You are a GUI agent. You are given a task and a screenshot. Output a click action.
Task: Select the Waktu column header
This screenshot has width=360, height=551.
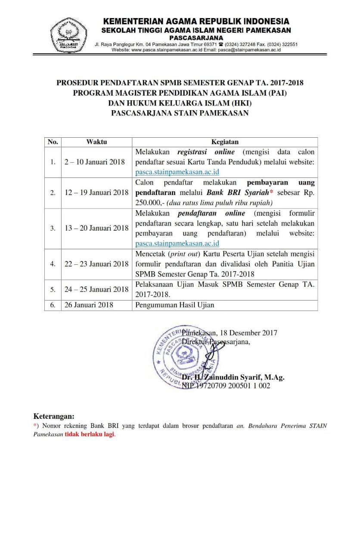click(96, 142)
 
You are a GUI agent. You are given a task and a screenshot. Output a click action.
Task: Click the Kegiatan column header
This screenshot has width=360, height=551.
click(224, 142)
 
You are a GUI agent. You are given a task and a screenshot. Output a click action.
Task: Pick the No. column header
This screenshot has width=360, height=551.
click(53, 142)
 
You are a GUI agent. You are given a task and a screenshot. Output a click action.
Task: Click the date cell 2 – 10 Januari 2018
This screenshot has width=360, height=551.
click(95, 162)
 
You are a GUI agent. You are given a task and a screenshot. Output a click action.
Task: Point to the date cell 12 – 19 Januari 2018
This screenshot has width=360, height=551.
click(96, 192)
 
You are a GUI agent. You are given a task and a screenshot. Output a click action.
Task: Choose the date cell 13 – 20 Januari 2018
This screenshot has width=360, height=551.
click(96, 228)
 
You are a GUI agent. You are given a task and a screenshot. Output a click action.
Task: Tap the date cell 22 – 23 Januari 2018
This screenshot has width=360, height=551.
click(96, 264)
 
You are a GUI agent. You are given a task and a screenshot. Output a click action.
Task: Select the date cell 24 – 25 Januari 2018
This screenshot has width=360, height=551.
click(96, 289)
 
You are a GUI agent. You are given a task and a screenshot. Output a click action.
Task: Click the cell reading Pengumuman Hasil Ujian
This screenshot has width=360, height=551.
click(174, 305)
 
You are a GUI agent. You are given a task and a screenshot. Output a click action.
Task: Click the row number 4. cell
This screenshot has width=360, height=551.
click(53, 264)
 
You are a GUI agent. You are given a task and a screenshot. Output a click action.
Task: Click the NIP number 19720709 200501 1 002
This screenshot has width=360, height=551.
click(226, 386)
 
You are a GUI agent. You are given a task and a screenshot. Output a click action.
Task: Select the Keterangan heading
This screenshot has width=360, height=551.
click(54, 416)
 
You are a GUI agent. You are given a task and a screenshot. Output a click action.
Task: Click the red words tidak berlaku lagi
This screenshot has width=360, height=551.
click(90, 434)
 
